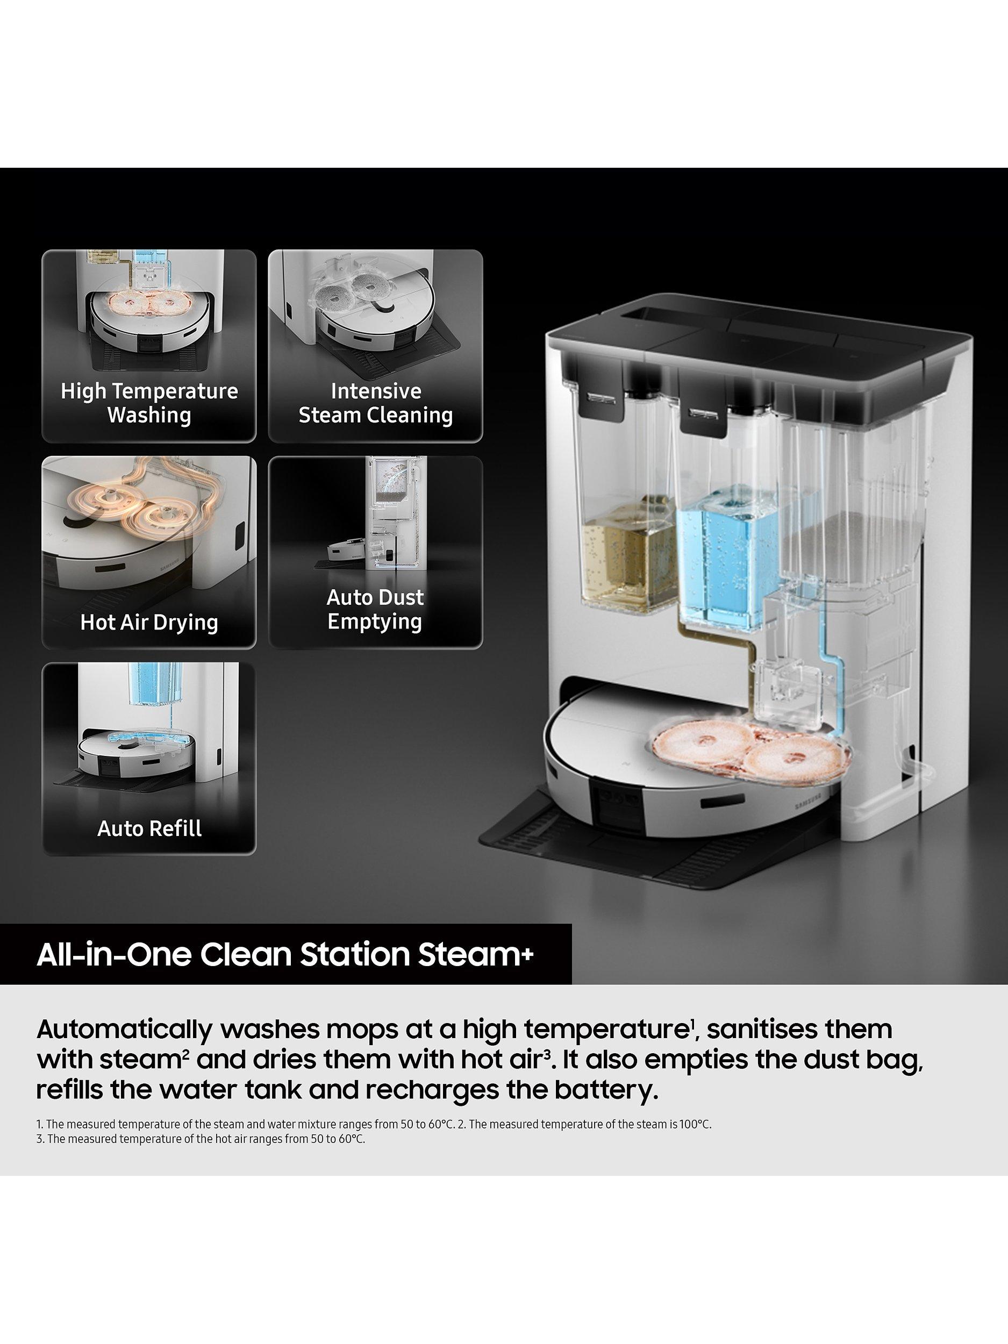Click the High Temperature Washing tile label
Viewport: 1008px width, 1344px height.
[x=149, y=403]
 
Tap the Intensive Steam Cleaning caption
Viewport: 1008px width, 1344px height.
[x=375, y=403]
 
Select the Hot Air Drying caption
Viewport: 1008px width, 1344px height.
[x=149, y=622]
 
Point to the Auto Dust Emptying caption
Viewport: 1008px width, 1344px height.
[x=375, y=610]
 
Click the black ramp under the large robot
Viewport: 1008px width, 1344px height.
[x=638, y=850]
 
